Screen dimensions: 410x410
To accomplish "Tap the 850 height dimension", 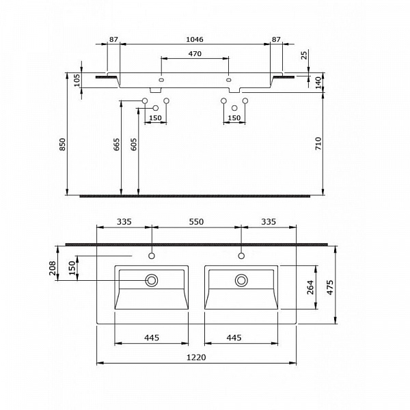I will click(62, 144).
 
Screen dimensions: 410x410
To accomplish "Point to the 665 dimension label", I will click(117, 144).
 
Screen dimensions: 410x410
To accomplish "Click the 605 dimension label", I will click(134, 144).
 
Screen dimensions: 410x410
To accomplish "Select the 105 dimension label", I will click(77, 81).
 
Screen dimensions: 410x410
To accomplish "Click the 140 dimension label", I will click(318, 81).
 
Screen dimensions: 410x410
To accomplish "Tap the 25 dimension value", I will click(304, 54).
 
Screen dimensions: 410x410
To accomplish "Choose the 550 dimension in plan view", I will click(195, 222).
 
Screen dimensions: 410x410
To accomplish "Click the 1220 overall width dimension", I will click(195, 357).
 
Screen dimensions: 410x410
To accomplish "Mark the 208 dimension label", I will click(53, 268).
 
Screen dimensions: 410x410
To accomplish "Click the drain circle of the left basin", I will click(151, 280).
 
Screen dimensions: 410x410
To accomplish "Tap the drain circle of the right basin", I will click(241, 279).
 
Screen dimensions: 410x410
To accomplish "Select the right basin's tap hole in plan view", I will click(241, 257).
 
